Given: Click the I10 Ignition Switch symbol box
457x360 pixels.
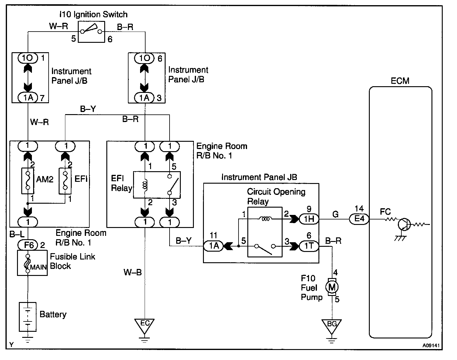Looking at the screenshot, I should [x=91, y=32].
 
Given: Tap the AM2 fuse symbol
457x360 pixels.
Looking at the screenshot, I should [x=28, y=181].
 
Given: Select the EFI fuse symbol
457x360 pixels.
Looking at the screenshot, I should [x=65, y=181].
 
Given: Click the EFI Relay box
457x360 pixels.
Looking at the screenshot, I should [x=156, y=185].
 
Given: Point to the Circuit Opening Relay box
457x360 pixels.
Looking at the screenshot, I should [x=265, y=232].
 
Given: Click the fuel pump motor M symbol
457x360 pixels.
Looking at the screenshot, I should [x=332, y=287].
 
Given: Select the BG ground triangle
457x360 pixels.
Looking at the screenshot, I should [x=332, y=325].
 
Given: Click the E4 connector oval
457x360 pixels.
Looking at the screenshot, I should [x=359, y=219].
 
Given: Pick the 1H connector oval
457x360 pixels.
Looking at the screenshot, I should [x=309, y=219].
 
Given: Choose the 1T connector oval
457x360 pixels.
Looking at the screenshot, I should [x=309, y=246].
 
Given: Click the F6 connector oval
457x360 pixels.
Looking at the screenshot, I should [x=27, y=244].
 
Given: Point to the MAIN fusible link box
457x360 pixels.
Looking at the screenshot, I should [x=32, y=263].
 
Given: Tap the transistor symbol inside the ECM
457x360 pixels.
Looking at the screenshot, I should [x=404, y=224].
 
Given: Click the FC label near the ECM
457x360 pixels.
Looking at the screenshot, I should [x=385, y=212].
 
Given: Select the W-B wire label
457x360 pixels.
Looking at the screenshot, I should [x=132, y=272].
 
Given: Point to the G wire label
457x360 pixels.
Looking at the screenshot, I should [x=335, y=214].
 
